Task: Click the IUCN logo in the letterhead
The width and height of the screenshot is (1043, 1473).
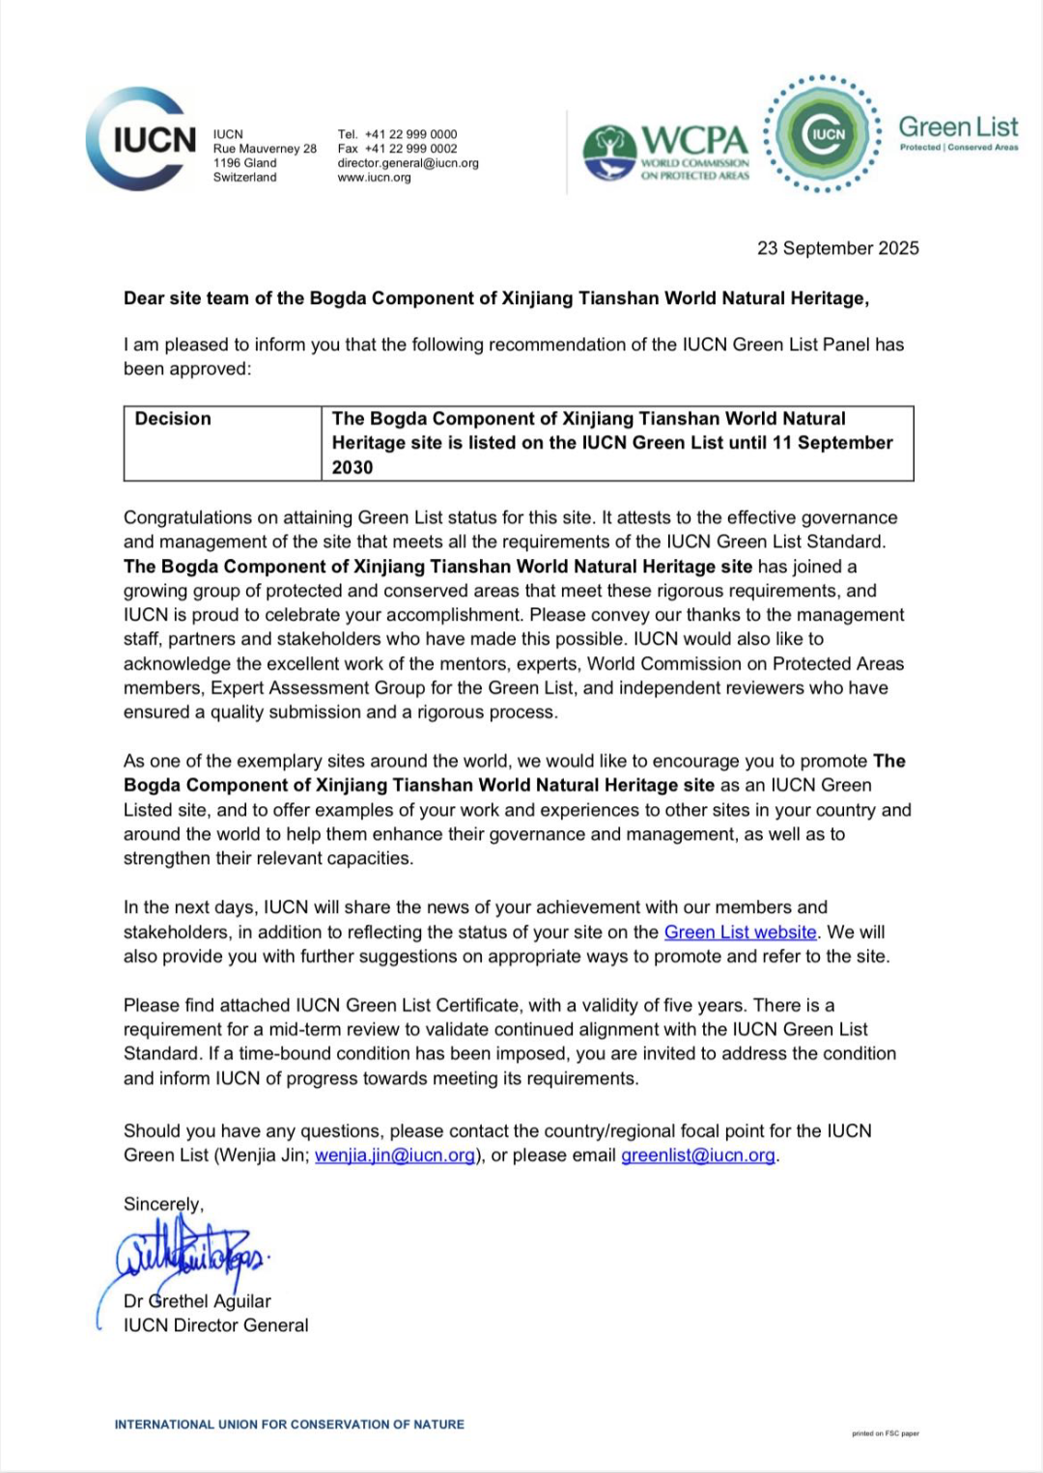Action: pyautogui.click(x=141, y=140)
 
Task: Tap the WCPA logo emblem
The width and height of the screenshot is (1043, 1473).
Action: pyautogui.click(x=608, y=153)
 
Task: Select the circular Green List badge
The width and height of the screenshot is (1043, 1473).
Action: pyautogui.click(x=822, y=134)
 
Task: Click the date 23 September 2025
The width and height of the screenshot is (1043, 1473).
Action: pyautogui.click(x=837, y=248)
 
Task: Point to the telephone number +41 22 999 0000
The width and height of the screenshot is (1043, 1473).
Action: pyautogui.click(x=410, y=134)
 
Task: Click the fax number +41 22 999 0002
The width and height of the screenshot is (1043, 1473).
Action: pyautogui.click(x=410, y=149)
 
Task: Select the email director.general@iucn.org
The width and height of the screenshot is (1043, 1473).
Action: pyautogui.click(x=408, y=163)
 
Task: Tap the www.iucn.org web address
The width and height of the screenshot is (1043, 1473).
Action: pyautogui.click(x=374, y=178)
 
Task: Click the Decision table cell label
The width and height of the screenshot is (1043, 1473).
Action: pyautogui.click(x=173, y=419)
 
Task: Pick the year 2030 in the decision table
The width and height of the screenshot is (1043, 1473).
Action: pyautogui.click(x=352, y=467)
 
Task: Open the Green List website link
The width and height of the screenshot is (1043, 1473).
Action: pyautogui.click(x=740, y=932)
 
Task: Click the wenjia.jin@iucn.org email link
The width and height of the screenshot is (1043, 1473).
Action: pyautogui.click(x=394, y=1155)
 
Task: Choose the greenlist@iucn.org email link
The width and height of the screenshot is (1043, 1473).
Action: pyautogui.click(x=697, y=1155)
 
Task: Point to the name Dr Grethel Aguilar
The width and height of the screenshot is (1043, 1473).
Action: pyautogui.click(x=197, y=1301)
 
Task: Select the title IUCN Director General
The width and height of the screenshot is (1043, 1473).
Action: pyautogui.click(x=215, y=1325)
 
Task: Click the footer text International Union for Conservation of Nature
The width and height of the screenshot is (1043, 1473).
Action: pyautogui.click(x=289, y=1424)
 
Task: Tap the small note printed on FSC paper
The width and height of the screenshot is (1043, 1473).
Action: pyautogui.click(x=885, y=1433)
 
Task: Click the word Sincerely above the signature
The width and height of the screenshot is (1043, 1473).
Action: pyautogui.click(x=162, y=1204)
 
